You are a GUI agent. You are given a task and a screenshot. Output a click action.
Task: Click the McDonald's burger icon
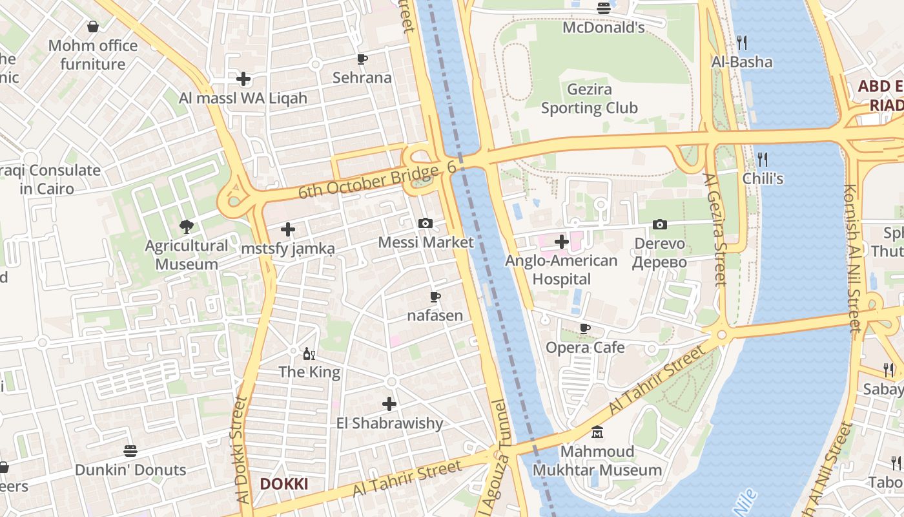pyautogui.click(x=604, y=8)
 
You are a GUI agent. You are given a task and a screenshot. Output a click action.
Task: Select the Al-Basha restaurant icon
pyautogui.click(x=742, y=43)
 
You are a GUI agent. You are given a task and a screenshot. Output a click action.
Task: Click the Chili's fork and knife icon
pyautogui.click(x=763, y=159)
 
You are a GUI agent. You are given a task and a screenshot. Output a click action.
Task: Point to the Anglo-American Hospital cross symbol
pyautogui.click(x=562, y=242)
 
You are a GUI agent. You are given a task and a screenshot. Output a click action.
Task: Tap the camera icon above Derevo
pyautogui.click(x=659, y=224)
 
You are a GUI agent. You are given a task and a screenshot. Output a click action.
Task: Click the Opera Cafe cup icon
pyautogui.click(x=585, y=328)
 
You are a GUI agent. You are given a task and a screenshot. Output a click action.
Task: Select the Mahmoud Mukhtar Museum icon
pyautogui.click(x=597, y=432)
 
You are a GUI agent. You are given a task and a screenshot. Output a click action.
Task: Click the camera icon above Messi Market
pyautogui.click(x=426, y=223)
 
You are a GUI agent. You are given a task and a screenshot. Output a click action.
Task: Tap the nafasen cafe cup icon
pyautogui.click(x=435, y=297)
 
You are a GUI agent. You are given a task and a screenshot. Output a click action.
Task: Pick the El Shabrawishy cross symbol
pyautogui.click(x=389, y=404)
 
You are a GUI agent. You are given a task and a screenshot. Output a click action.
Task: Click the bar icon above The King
pyautogui.click(x=309, y=353)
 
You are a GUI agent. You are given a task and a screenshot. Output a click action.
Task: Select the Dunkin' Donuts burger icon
pyautogui.click(x=130, y=450)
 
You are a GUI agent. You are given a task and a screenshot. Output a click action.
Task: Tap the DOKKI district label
pyautogui.click(x=283, y=484)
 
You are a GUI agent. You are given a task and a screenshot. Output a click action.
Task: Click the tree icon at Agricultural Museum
pyautogui.click(x=187, y=226)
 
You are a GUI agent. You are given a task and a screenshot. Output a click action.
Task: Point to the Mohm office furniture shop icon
pyautogui.click(x=93, y=26)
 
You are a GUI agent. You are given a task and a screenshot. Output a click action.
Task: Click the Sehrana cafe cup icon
pyautogui.click(x=362, y=59)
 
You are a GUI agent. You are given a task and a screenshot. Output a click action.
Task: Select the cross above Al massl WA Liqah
pyautogui.click(x=243, y=79)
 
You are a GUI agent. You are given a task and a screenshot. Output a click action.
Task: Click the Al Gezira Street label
pyautogui.click(x=716, y=229)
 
